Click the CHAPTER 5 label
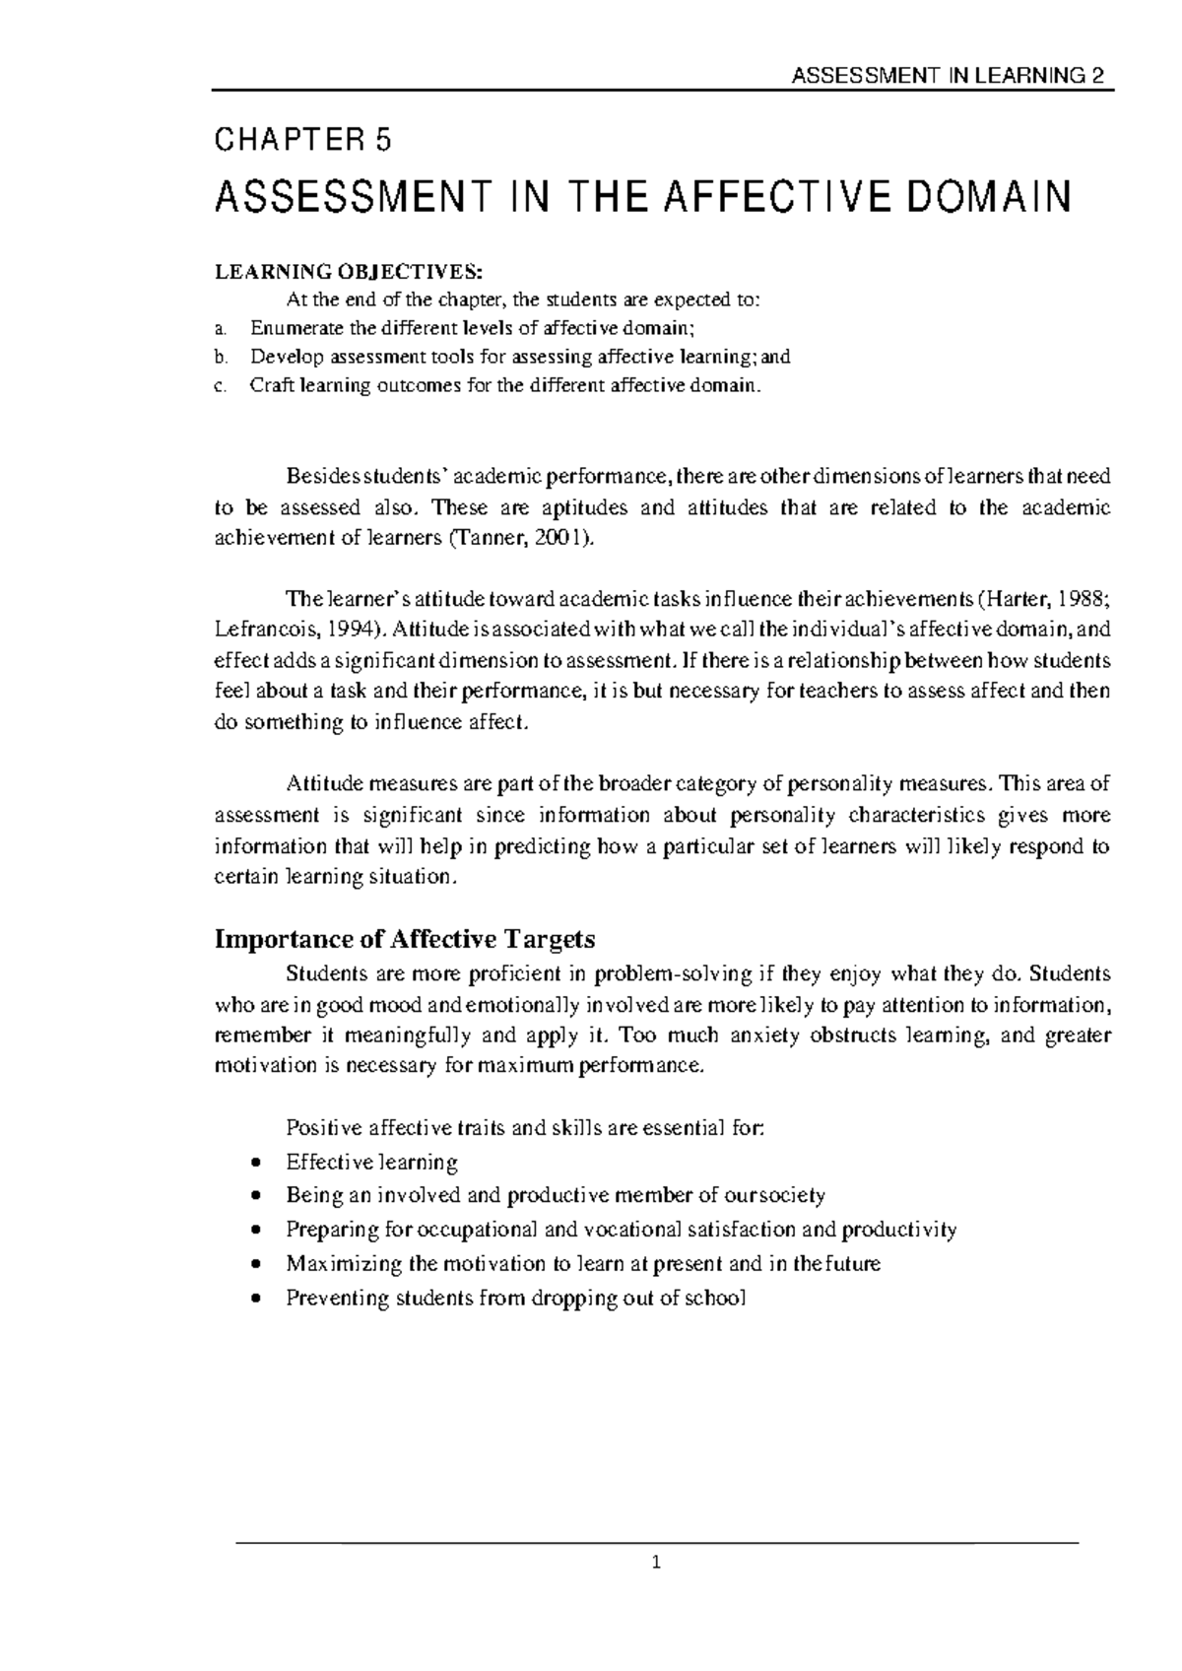[302, 142]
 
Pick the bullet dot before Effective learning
[256, 1163]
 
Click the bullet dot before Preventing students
[256, 1299]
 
